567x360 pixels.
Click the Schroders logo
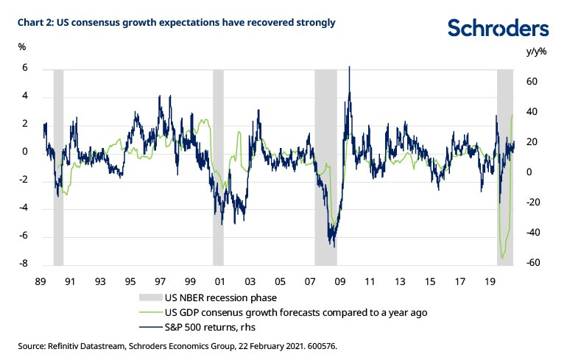click(x=499, y=29)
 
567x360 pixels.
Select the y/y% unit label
click(x=538, y=52)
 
